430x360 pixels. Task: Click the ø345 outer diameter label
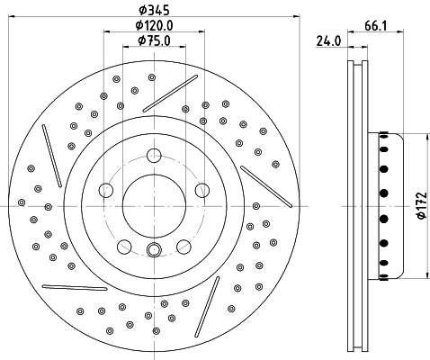pyautogui.click(x=153, y=9)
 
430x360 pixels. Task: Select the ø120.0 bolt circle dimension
pyautogui.click(x=153, y=24)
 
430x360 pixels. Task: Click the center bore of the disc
pyautogui.click(x=153, y=204)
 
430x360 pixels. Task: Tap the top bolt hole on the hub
pyautogui.click(x=153, y=155)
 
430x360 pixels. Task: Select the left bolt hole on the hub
pyautogui.click(x=106, y=189)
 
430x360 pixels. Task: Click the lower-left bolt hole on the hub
pyautogui.click(x=124, y=245)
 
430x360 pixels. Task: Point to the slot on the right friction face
pyautogui.click(x=262, y=190)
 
